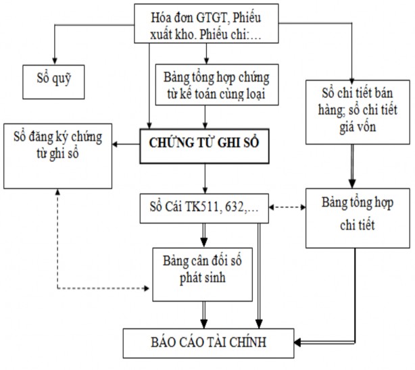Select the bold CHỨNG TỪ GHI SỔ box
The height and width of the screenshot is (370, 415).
(x=205, y=142)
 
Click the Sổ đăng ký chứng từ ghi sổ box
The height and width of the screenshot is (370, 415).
(x=57, y=155)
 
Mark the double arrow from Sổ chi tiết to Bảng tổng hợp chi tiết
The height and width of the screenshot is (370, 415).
(x=352, y=165)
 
